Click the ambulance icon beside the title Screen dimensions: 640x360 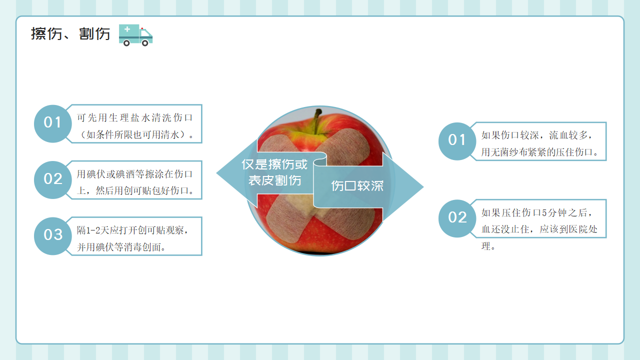point(135,35)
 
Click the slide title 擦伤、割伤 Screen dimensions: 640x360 point(70,33)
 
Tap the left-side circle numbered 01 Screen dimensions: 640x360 point(52,123)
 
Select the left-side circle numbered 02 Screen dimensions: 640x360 point(52,180)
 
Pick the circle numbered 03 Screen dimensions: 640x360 point(52,236)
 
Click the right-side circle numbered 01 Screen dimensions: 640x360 point(457,141)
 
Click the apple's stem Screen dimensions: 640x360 point(317,121)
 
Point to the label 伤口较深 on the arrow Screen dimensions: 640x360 point(357,186)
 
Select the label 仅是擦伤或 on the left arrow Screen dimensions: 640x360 point(274,164)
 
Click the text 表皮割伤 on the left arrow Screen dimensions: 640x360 point(274,180)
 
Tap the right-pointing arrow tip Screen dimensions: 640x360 point(423,187)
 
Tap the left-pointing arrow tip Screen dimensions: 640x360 point(217,173)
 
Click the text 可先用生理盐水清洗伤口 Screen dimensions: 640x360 point(135,117)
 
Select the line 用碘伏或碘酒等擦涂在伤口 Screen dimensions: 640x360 point(135,174)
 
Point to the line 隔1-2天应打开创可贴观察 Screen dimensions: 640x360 point(132,230)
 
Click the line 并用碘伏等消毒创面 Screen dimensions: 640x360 point(121,247)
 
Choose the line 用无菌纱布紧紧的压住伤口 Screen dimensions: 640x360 point(539,152)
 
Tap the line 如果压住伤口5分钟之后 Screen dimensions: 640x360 point(536,212)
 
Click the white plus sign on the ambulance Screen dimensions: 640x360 point(127,29)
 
